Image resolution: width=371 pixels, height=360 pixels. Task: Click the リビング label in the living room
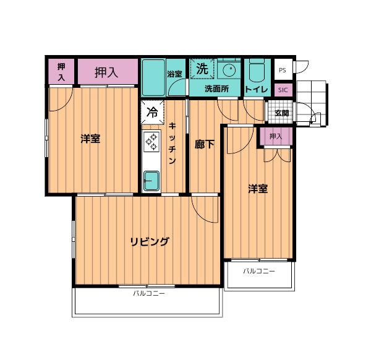[x=150, y=241]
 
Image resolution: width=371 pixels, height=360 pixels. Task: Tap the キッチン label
[x=173, y=143]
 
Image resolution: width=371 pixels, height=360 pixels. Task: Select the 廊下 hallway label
[x=205, y=144]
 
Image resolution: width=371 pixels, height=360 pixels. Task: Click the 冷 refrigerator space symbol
[x=152, y=112]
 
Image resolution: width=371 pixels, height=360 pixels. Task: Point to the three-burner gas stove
[x=151, y=142]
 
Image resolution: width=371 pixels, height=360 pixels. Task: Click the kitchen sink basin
[x=151, y=181]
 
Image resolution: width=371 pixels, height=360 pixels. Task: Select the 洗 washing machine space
[x=203, y=69]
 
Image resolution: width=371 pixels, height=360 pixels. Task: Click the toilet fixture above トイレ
[x=257, y=71]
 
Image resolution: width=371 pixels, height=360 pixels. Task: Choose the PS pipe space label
[x=283, y=71]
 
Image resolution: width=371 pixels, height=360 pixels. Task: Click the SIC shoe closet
[x=283, y=90]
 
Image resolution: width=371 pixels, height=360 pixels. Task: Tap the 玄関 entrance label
[x=282, y=113]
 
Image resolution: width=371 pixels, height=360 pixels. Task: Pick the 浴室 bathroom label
[x=174, y=74]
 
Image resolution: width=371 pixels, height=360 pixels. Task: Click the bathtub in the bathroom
[x=153, y=78]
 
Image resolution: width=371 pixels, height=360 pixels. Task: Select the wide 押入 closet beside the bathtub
[x=108, y=71]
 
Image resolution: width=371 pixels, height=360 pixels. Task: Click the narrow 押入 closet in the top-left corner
[x=61, y=71]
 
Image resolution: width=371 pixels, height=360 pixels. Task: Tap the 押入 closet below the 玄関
[x=276, y=136]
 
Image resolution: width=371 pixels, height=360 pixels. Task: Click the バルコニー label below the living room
[x=149, y=293]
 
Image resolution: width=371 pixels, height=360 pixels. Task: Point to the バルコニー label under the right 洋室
[x=259, y=271]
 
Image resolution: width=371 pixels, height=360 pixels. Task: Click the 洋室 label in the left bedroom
[x=90, y=139]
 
